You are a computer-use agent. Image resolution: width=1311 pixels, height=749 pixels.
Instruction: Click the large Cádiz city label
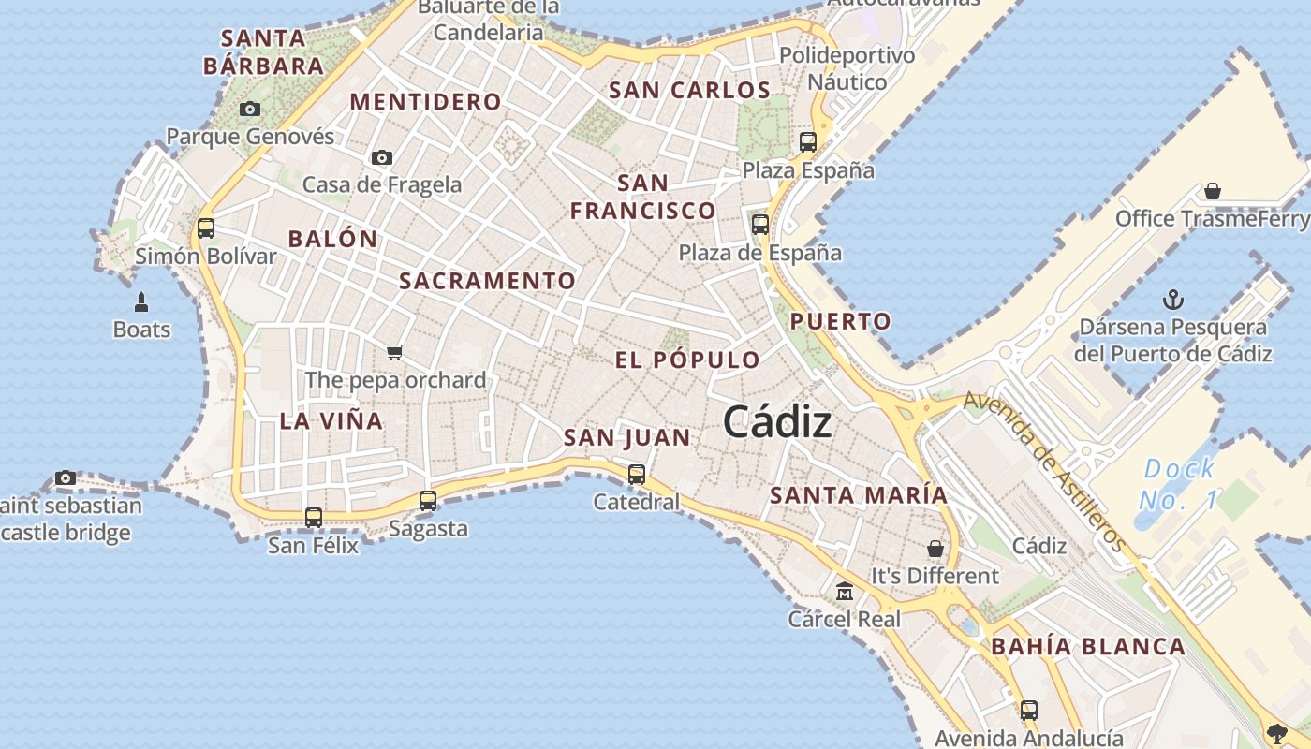click(777, 422)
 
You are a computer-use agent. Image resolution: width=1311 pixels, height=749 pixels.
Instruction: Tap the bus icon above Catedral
click(637, 474)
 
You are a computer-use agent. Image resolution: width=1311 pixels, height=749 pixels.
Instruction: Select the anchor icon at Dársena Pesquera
click(1172, 300)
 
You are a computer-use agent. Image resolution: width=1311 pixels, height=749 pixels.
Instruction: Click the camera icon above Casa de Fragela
click(381, 157)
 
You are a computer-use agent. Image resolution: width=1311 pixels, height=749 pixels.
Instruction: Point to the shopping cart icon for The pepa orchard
click(394, 353)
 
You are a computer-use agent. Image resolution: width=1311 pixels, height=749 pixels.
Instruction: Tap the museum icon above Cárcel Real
click(845, 591)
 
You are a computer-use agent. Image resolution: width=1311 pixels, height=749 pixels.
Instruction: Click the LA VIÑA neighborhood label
click(331, 421)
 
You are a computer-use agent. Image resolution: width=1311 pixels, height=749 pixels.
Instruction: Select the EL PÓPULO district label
click(688, 360)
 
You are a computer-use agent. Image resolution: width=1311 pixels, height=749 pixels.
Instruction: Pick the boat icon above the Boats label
click(141, 301)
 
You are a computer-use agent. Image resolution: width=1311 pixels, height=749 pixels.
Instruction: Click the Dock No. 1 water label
click(1179, 483)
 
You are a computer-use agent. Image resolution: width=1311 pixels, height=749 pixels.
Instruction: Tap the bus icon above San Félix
click(314, 517)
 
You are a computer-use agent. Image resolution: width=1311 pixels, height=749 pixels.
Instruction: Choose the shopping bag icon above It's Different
click(935, 548)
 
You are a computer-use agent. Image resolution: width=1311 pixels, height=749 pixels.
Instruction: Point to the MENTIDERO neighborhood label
click(426, 102)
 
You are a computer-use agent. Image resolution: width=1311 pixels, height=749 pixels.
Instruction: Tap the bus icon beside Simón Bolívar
click(206, 228)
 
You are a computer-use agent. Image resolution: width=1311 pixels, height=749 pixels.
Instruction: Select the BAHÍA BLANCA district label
click(1088, 647)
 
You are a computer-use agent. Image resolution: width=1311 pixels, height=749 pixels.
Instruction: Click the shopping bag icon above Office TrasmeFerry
click(1213, 191)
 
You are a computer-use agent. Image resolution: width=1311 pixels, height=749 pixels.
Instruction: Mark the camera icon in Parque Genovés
click(249, 109)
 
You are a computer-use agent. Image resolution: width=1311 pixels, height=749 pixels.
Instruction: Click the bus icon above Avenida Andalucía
click(1029, 710)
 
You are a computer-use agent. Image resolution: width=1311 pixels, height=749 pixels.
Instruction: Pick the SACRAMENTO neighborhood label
click(487, 281)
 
